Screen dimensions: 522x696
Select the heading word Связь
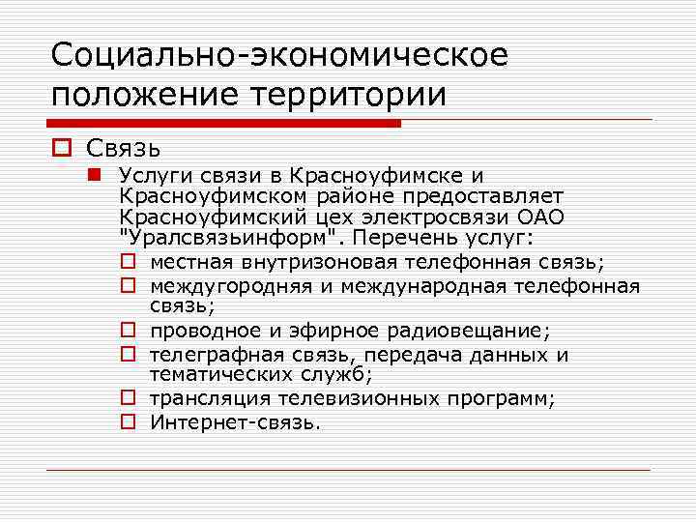[123, 148]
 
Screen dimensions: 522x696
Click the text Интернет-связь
[235, 421]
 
